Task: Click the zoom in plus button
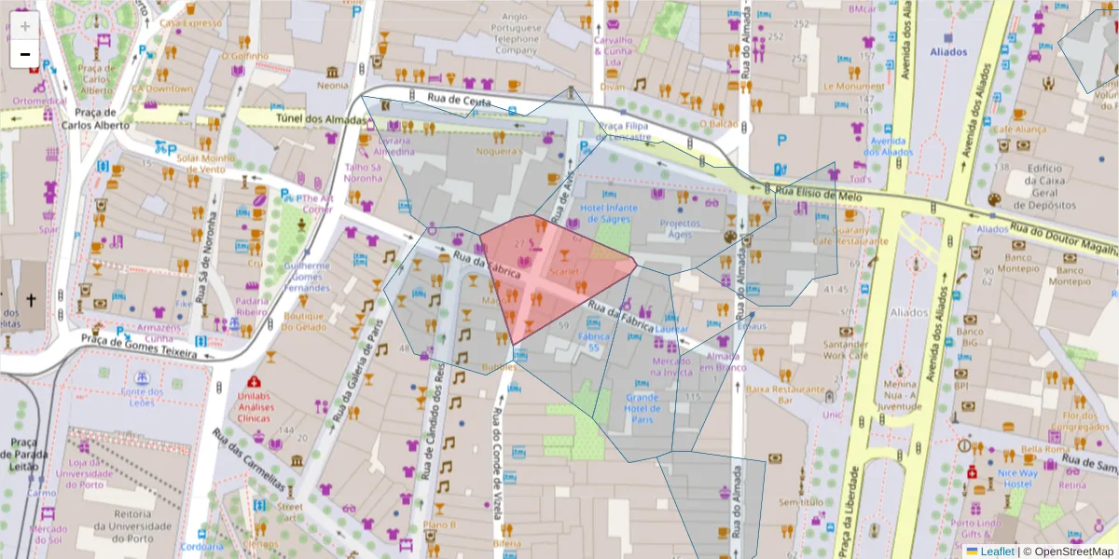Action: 24,26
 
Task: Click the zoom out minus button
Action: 24,54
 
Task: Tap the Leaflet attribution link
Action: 997,552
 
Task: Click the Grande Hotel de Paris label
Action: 642,407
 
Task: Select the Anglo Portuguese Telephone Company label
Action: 516,33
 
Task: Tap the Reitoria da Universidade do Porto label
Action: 139,521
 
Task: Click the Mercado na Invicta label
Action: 671,366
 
